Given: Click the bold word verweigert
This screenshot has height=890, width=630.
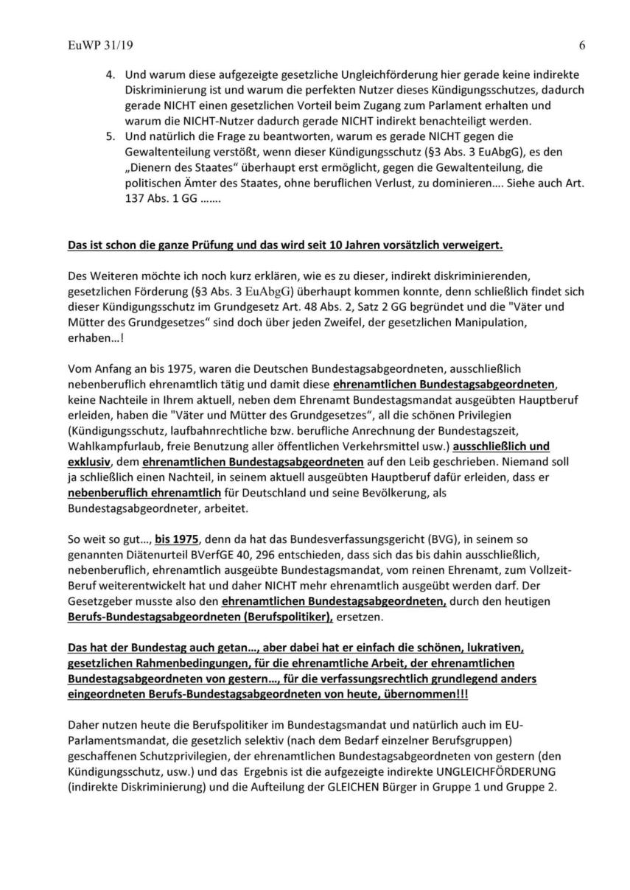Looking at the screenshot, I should coord(474,245).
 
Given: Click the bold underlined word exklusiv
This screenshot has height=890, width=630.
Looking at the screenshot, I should coord(86,462).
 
